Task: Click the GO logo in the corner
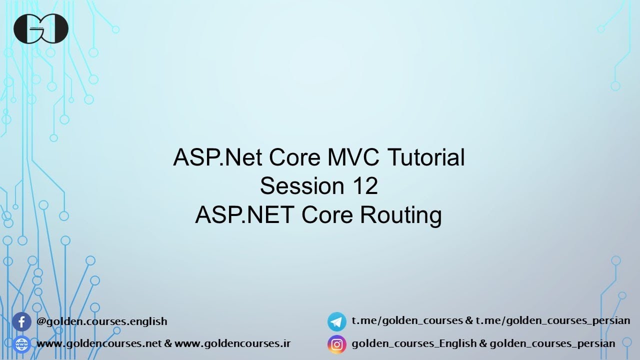coord(41,28)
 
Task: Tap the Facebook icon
coord(21,321)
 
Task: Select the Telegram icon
coord(337,321)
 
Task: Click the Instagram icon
coord(337,344)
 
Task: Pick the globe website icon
coord(21,344)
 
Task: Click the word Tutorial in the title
coord(426,157)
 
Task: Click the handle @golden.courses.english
coord(102,321)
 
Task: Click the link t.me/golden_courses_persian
coord(553,320)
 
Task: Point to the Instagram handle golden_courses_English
coord(414,343)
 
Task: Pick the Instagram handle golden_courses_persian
coord(552,343)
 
